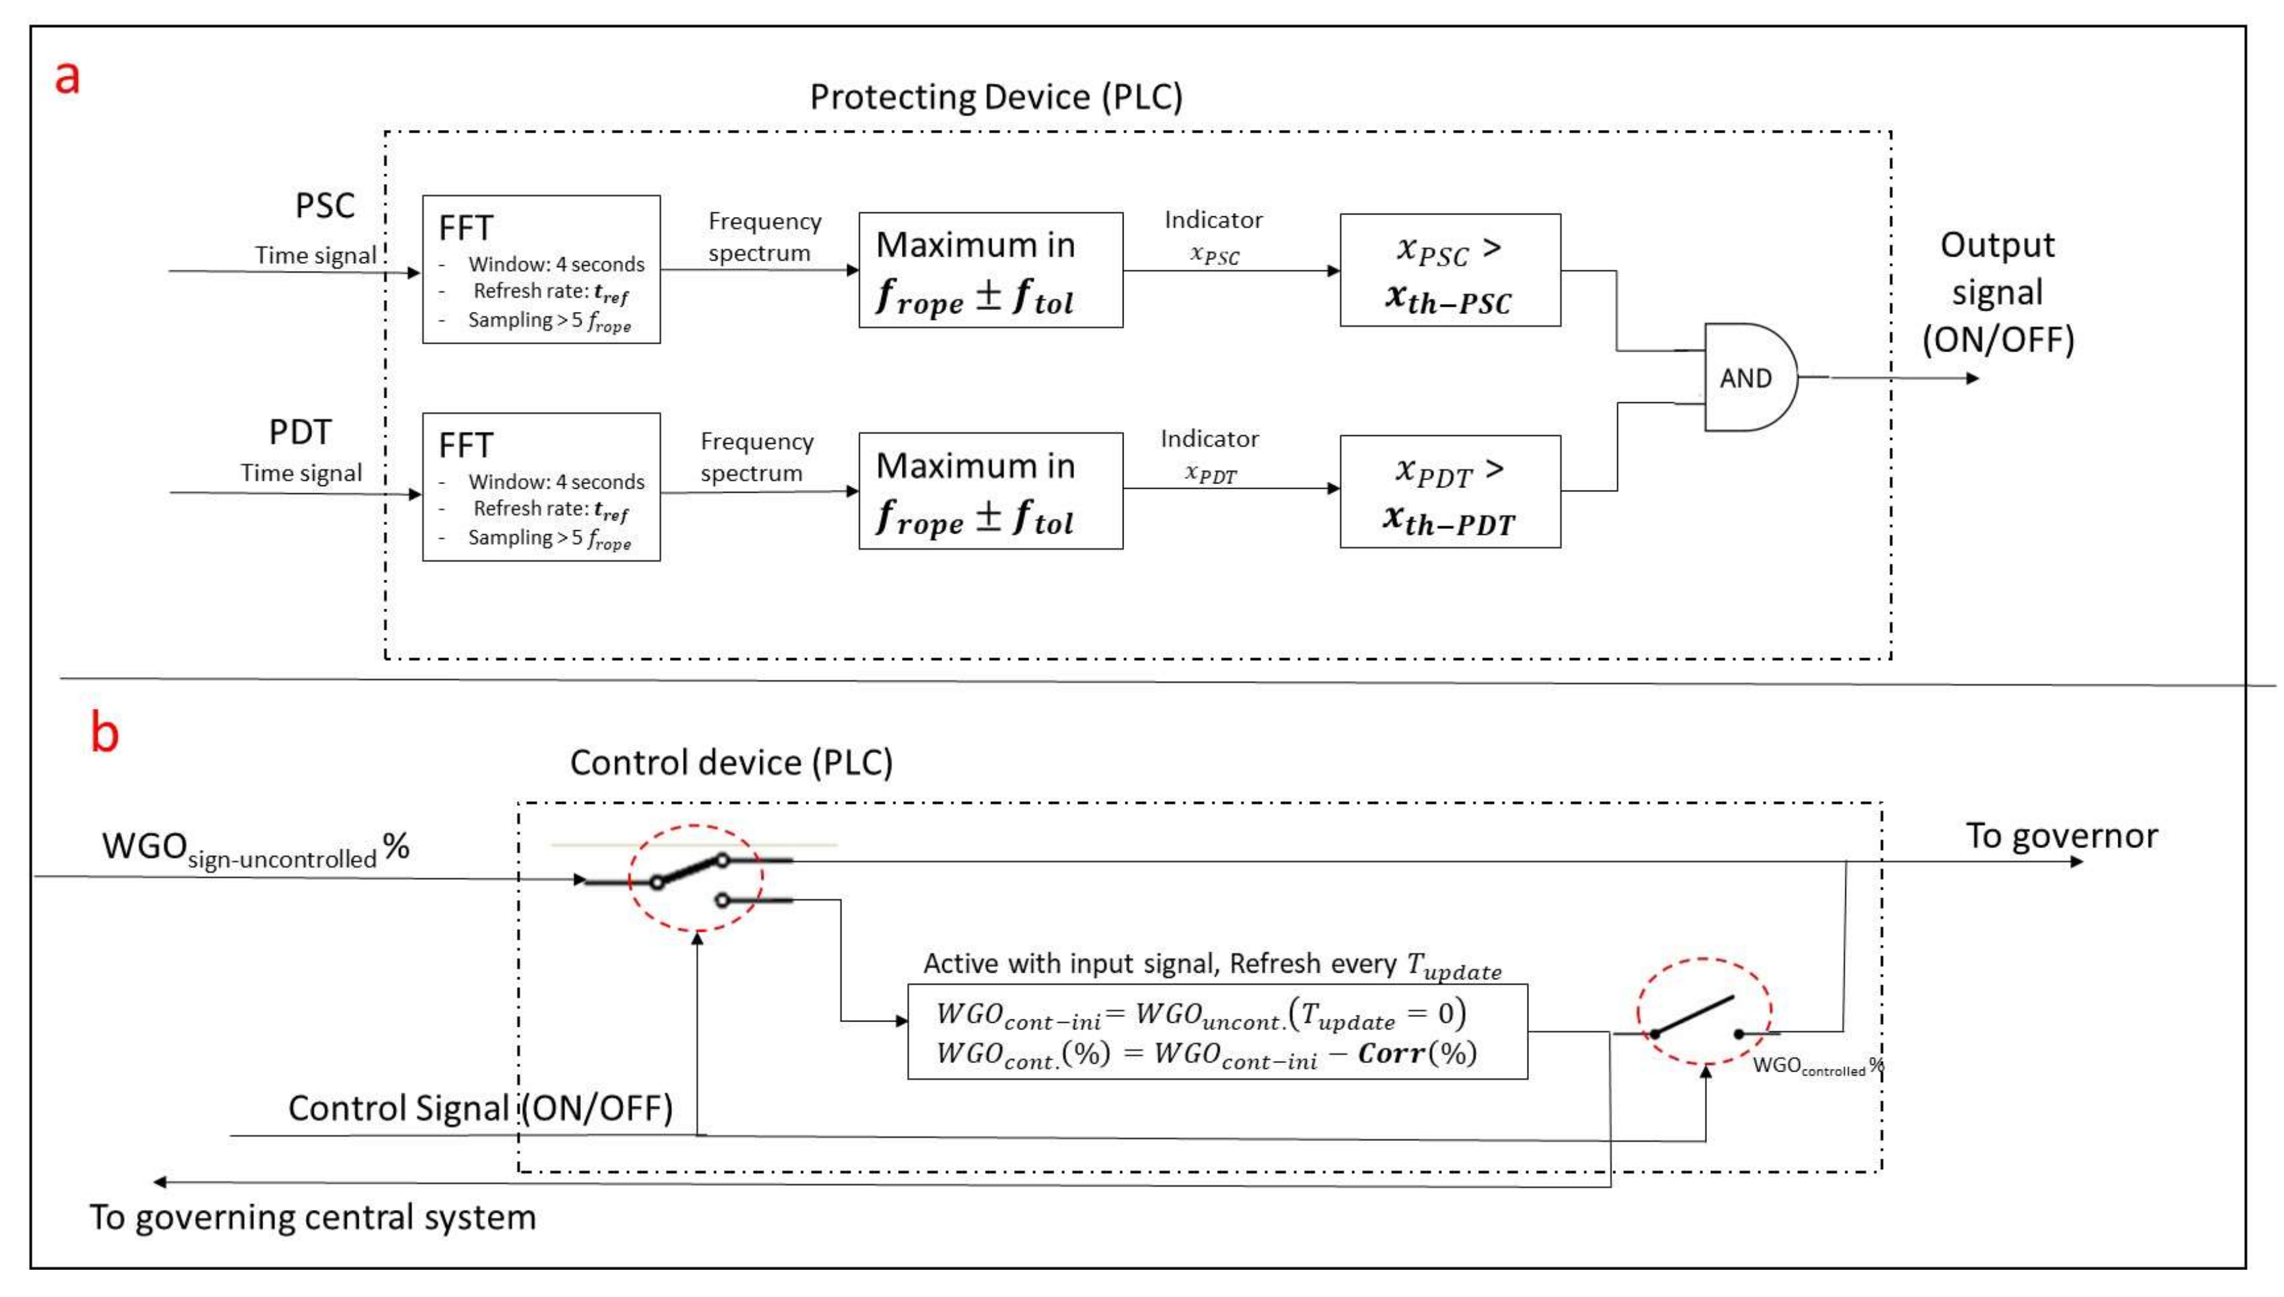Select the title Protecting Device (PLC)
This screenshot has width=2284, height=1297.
[x=995, y=97]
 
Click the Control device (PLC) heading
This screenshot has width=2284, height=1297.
[x=730, y=762]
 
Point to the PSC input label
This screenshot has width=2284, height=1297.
[x=324, y=207]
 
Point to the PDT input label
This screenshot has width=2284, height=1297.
[x=300, y=433]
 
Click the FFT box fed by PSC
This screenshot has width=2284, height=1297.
[x=541, y=269]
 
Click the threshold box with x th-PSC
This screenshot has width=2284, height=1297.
[x=1449, y=270]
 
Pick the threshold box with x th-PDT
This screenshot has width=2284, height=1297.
[x=1449, y=491]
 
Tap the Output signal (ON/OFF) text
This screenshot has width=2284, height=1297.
[x=1997, y=292]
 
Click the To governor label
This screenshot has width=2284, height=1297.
[x=2060, y=836]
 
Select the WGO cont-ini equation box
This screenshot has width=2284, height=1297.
[x=1217, y=1031]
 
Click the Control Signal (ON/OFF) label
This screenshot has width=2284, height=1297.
[x=480, y=1108]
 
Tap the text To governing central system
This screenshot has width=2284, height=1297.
[x=313, y=1217]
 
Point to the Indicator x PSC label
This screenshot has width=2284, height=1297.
[x=1213, y=237]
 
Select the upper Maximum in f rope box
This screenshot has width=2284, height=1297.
[x=990, y=270]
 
